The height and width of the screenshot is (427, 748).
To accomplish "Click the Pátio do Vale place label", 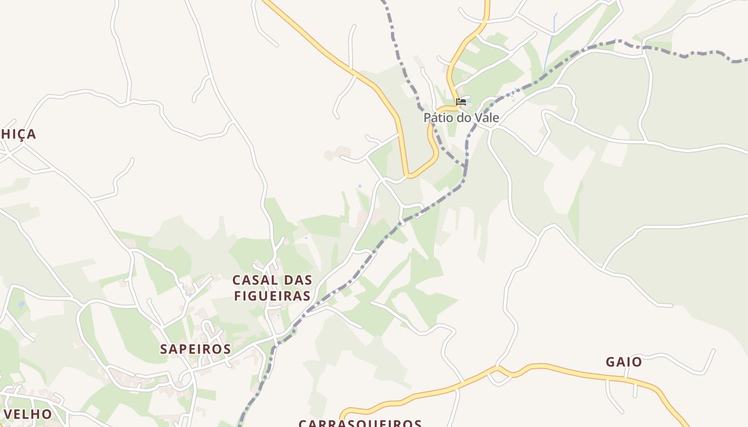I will coord(461,117).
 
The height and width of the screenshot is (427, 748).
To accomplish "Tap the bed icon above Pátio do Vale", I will coord(461,101).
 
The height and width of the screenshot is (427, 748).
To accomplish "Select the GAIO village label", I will coord(624,362).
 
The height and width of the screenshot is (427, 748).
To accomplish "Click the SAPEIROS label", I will coord(196,349).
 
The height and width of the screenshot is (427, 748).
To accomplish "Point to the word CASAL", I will coord(255,280).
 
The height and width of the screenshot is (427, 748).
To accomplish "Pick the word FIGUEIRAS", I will coord(272,296).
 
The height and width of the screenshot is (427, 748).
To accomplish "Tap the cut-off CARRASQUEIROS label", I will coord(360,423).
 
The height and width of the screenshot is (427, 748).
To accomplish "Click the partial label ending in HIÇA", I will coord(18,134).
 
